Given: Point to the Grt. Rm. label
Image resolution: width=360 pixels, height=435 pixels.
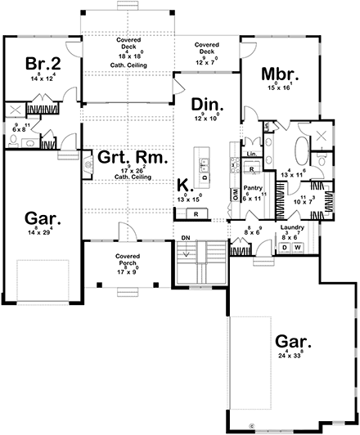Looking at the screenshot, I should click(x=124, y=157).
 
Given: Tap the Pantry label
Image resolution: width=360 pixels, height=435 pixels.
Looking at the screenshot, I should click(x=253, y=187).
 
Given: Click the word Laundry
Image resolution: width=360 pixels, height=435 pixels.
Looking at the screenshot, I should click(x=291, y=228).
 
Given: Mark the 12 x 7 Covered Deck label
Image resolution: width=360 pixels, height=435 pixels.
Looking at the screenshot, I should click(x=205, y=45).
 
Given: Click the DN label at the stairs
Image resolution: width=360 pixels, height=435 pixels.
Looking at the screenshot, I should click(x=186, y=239).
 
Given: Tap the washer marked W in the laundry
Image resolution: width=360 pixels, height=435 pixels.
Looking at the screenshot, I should click(x=297, y=246).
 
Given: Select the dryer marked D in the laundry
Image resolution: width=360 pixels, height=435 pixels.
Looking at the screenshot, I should click(x=285, y=246).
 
